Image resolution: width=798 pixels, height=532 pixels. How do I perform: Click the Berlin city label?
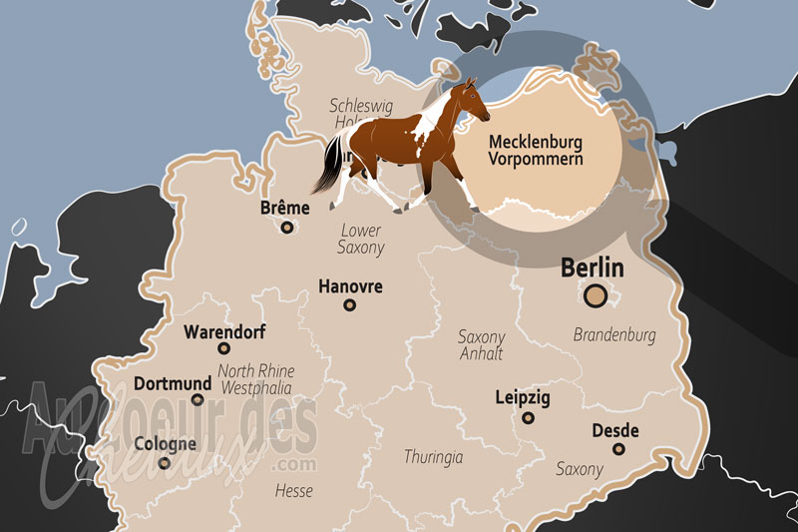click(x=592, y=267)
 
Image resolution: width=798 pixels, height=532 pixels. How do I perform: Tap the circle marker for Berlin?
click(x=596, y=295)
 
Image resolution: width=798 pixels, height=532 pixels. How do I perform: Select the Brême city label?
click(x=284, y=208)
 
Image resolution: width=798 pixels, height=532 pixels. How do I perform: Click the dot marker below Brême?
click(x=287, y=228)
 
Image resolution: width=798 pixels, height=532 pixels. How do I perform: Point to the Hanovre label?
click(x=350, y=286)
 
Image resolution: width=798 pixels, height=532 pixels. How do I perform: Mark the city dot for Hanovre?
click(x=350, y=305)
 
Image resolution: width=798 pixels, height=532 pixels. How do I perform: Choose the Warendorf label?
click(x=225, y=331)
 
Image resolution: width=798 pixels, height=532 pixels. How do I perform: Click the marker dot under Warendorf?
click(x=224, y=349)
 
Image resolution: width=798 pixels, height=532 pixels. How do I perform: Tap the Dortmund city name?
click(x=173, y=383)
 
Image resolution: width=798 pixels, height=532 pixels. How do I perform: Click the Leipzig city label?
click(x=523, y=397)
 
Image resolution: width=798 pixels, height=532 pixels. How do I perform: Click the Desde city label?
click(x=615, y=430)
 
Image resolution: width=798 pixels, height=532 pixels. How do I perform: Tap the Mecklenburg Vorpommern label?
click(x=535, y=151)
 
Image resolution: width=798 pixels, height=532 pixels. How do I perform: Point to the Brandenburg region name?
click(x=614, y=335)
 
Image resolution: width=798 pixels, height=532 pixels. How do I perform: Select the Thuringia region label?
click(x=433, y=457)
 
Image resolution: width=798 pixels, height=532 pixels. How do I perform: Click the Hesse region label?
click(x=294, y=491)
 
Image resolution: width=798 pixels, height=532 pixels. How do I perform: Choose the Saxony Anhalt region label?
click(x=481, y=345)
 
